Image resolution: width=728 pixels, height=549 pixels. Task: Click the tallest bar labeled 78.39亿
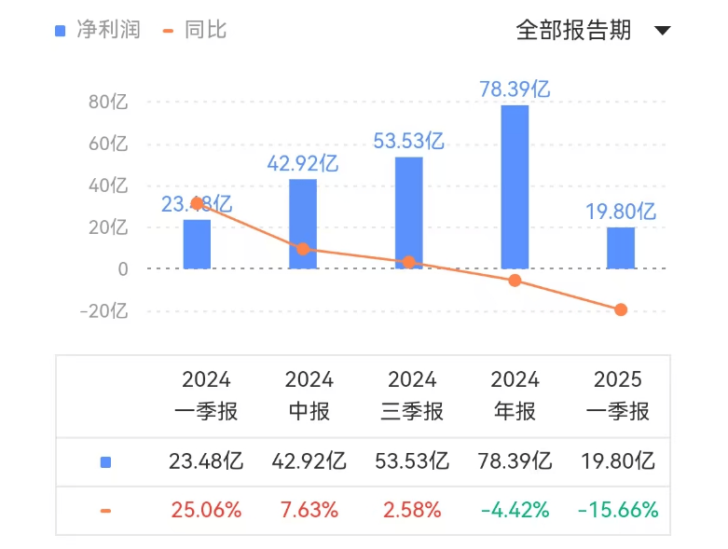coord(515,186)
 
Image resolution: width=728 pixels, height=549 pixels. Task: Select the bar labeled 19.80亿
coord(621,248)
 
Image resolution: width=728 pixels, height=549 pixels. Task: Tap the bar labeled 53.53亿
coord(408,213)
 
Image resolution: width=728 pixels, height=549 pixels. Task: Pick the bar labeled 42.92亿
coord(302,224)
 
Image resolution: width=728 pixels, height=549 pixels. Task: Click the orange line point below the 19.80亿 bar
coord(621,309)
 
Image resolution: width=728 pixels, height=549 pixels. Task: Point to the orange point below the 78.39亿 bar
coord(515,281)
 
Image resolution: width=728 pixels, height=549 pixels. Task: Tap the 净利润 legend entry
coord(97,30)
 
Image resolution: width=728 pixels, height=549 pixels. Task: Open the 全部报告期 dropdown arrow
coord(663,31)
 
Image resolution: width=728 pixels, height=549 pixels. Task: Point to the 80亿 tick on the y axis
coord(108,103)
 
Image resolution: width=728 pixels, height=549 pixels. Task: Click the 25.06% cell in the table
coord(206,510)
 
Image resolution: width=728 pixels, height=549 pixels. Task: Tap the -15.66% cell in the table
coord(618,510)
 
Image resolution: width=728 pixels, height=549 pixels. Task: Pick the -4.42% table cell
coord(515,510)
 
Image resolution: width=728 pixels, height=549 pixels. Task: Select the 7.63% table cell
coord(309,510)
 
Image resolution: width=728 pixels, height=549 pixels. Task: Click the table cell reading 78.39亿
coord(515,461)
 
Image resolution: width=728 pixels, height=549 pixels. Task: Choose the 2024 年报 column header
coord(515,395)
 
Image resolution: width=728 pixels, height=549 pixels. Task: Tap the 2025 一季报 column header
coord(618,395)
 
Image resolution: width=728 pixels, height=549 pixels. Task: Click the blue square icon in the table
coord(105,462)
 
